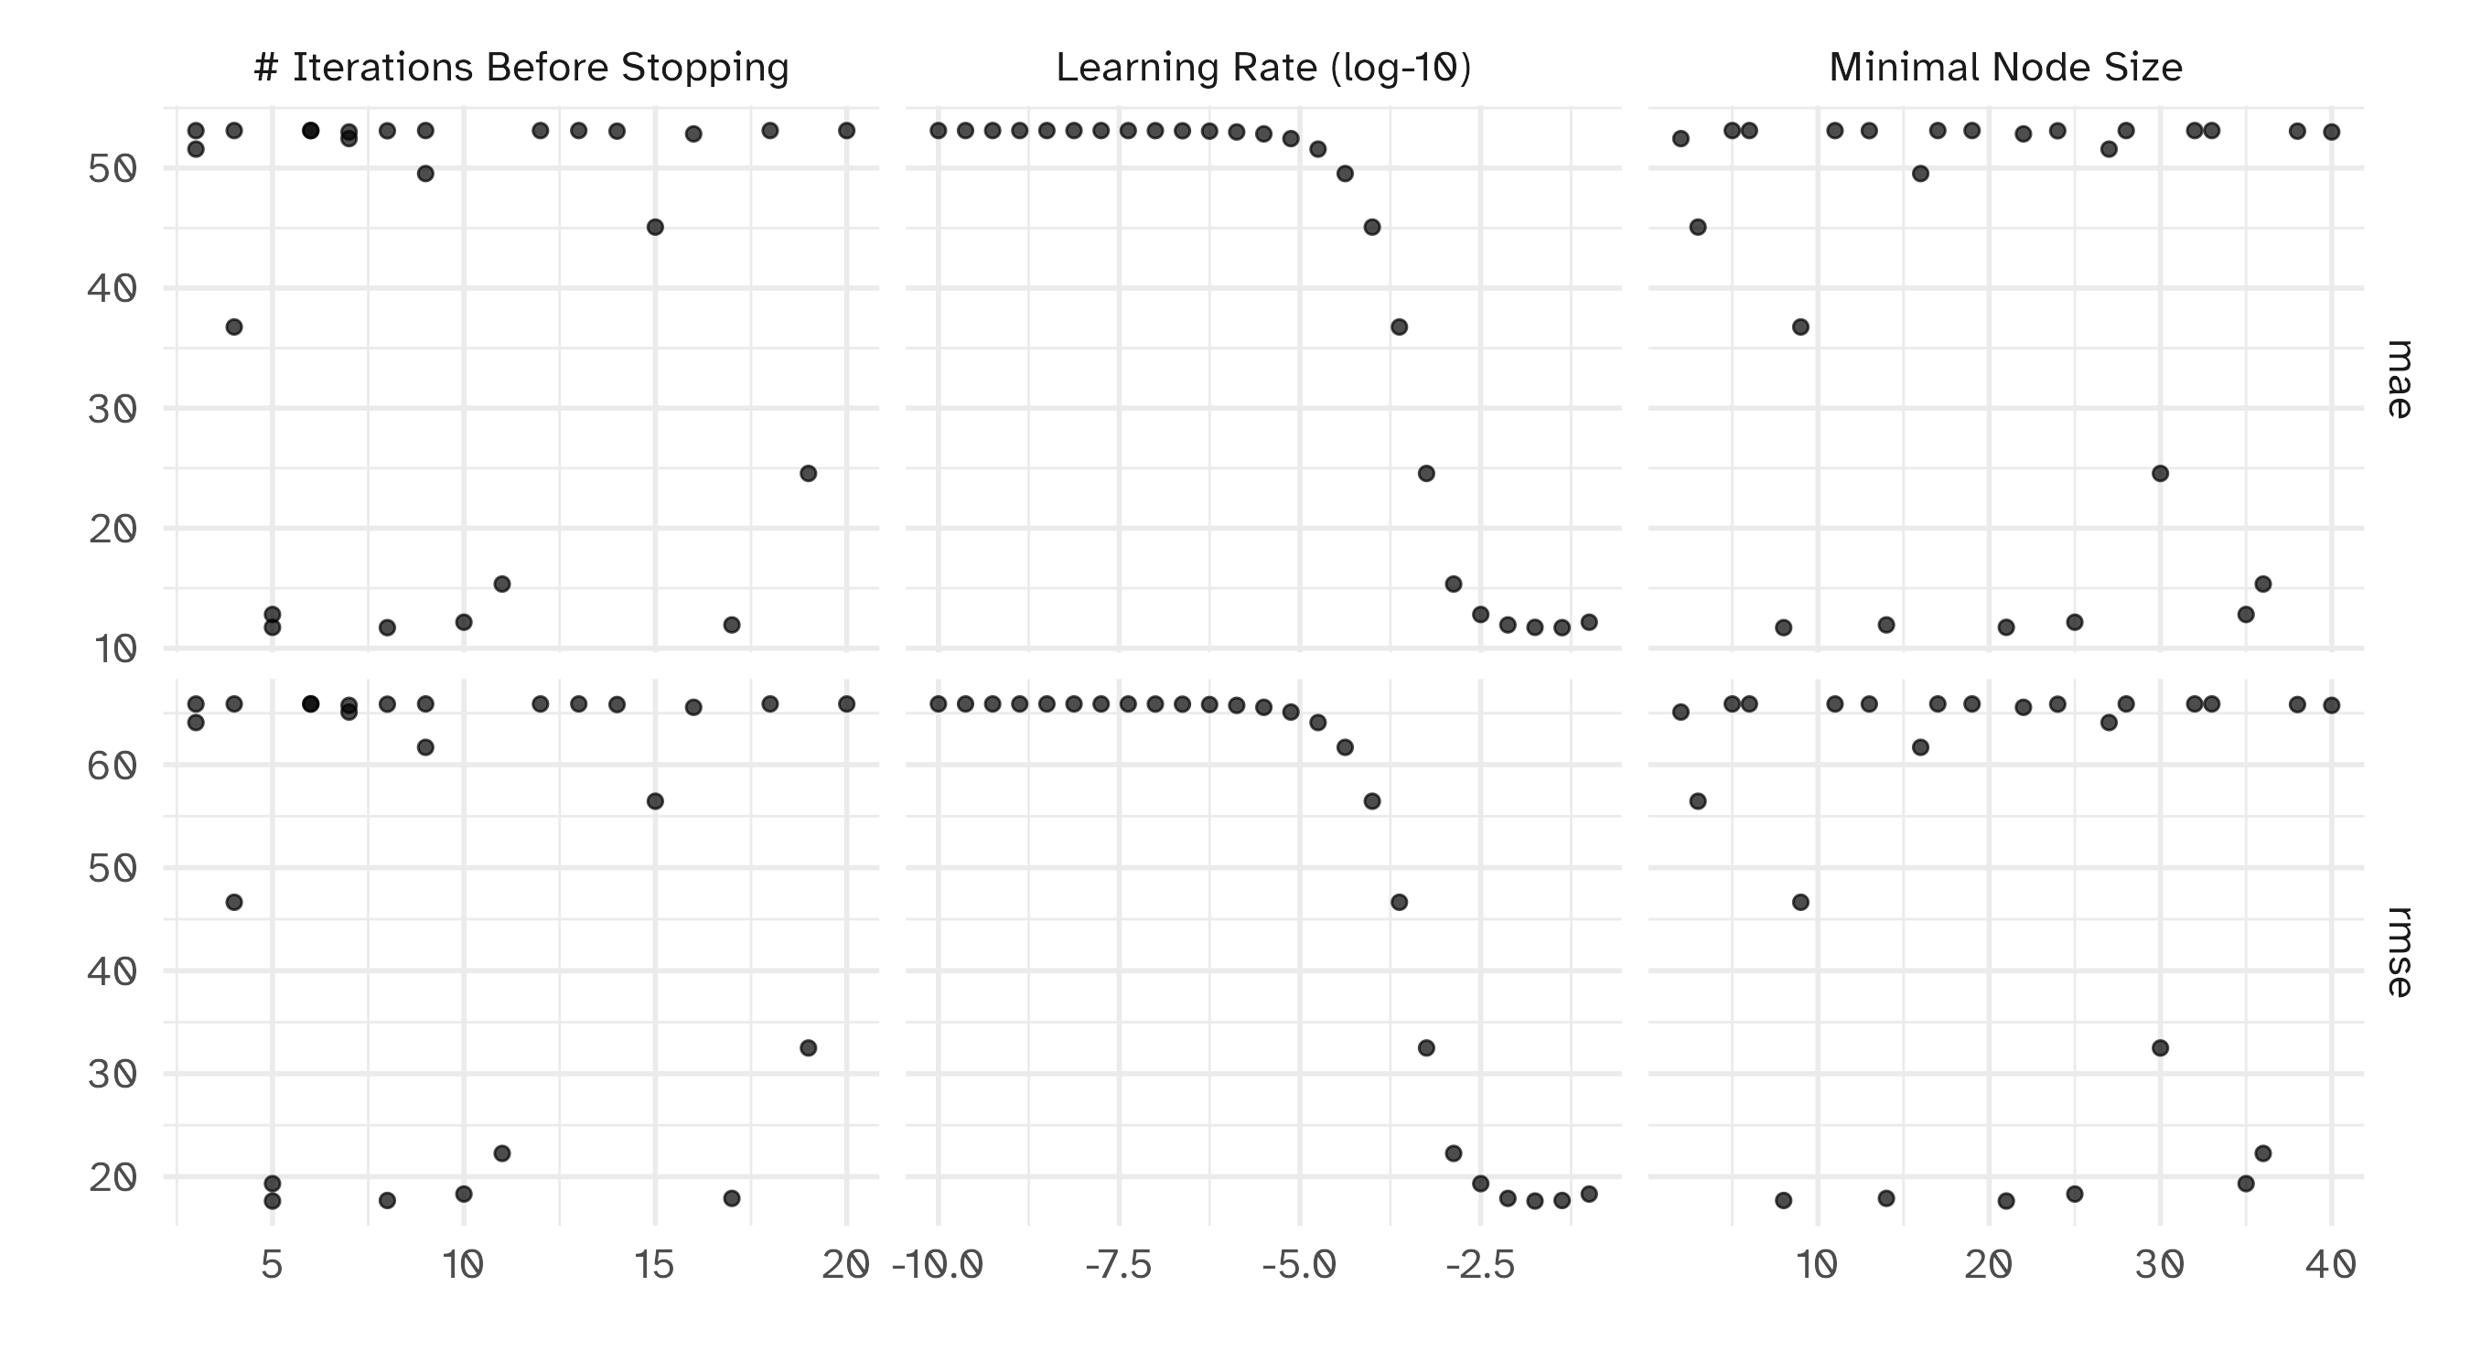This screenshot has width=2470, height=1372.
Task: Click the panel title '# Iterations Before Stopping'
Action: (521, 68)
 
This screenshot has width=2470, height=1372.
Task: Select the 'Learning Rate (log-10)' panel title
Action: (1262, 68)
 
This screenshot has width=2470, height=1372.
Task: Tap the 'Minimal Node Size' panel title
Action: (2005, 68)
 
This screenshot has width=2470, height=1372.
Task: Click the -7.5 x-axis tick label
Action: (1118, 1267)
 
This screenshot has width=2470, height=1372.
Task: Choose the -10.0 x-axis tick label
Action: (938, 1267)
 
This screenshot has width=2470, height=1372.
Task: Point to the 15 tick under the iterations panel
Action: (655, 1267)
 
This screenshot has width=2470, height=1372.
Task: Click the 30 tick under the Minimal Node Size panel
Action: (2159, 1267)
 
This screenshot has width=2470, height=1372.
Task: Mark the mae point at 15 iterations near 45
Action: (655, 227)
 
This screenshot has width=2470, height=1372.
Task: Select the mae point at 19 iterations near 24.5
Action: (809, 474)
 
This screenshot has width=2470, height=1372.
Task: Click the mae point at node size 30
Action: (2160, 474)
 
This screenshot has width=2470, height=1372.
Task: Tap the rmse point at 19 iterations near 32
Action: (809, 1048)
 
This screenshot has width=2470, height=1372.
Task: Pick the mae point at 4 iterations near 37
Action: (234, 327)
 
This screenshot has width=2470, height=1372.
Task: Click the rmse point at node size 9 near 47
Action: (1800, 902)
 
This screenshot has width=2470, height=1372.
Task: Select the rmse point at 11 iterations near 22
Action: (501, 1153)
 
